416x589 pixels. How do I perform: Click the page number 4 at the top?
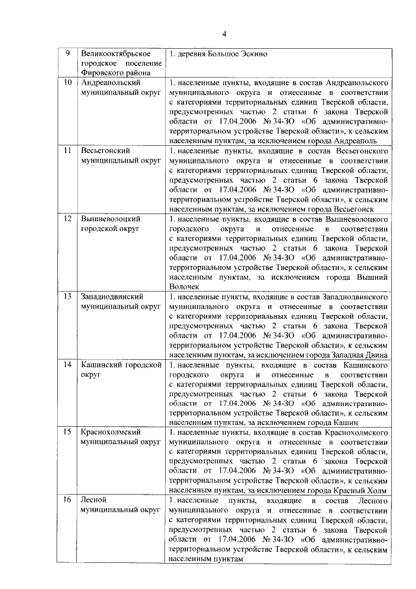(222, 34)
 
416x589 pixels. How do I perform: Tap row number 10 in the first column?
(68, 83)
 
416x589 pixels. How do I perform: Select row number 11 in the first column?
(68, 151)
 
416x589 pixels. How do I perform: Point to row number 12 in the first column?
(68, 219)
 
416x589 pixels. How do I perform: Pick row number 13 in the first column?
(68, 296)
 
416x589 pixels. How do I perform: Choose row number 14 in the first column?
(68, 364)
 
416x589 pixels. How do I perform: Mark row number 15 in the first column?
(68, 432)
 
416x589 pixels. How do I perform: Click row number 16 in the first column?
(68, 500)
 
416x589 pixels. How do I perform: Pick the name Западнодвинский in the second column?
(112, 296)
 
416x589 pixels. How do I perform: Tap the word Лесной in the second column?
(93, 500)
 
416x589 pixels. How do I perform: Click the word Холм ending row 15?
(377, 491)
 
